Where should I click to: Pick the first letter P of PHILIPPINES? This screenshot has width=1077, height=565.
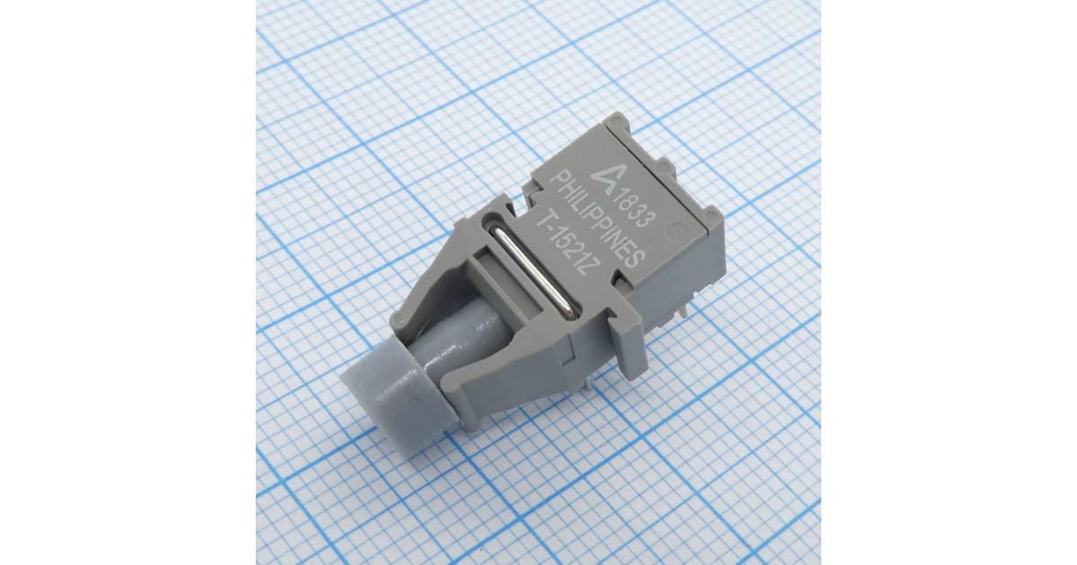[558, 180]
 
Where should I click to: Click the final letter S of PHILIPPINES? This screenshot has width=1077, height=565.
[635, 259]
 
